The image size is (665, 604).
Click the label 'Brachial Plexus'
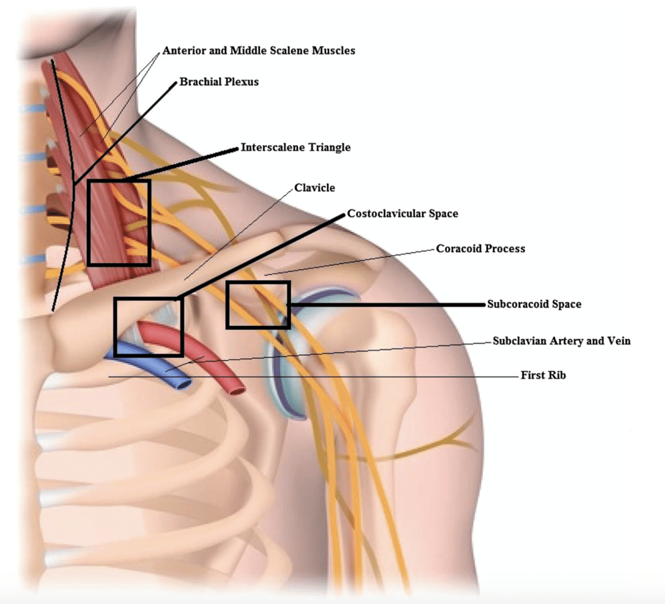tap(219, 81)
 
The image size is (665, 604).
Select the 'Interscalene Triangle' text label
tap(296, 147)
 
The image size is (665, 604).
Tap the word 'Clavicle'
tap(315, 188)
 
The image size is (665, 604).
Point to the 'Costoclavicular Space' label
tap(403, 213)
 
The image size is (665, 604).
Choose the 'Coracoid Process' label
tap(481, 248)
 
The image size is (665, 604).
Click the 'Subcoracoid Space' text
tap(534, 304)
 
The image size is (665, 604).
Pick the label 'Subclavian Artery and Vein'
tap(562, 341)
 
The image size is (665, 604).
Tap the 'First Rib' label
tap(543, 375)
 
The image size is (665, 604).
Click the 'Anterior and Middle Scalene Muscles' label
tap(259, 50)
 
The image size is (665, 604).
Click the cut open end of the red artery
tap(236, 391)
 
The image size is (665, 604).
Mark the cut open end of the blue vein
tap(183, 384)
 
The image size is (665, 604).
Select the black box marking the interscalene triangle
tap(88, 223)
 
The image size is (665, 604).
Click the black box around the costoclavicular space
tap(115, 327)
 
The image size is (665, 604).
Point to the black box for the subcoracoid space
tap(227, 305)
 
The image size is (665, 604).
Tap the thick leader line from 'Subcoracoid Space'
tap(387, 304)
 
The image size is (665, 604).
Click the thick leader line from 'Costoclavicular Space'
tap(260, 255)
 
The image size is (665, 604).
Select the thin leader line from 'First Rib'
tap(313, 377)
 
